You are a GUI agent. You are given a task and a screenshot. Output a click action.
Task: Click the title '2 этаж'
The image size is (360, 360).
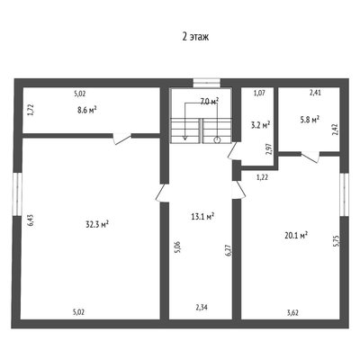[x=195, y=37]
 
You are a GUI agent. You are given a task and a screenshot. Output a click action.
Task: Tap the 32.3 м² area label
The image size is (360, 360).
[x=97, y=224]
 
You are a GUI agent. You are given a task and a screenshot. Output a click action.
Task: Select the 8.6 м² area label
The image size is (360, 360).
[x=86, y=110]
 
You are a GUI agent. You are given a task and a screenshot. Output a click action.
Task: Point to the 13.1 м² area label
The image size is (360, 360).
[x=202, y=216]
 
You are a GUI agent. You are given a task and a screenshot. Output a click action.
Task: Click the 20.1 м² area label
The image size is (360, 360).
[x=296, y=236]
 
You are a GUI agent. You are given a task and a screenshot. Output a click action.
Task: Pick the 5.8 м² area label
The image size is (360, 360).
[x=310, y=120]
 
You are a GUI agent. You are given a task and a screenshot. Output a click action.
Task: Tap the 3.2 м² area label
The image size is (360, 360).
[x=260, y=124]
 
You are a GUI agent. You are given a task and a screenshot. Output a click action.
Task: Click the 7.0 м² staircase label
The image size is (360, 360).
[x=209, y=102]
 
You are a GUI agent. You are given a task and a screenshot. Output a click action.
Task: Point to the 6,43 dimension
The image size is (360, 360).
[x=32, y=220]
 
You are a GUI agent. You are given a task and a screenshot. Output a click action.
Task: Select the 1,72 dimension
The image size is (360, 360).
[x=30, y=111]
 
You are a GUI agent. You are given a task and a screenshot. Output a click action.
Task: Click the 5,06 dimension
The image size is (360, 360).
[x=178, y=247]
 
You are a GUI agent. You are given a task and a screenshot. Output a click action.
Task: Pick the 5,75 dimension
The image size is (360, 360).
[x=336, y=240]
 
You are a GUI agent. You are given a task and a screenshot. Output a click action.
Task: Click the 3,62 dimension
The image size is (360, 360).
[x=292, y=313]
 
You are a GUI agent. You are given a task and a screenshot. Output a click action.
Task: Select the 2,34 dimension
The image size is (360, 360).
[x=202, y=307]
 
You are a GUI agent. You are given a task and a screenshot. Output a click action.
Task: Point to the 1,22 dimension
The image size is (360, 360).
[x=262, y=177]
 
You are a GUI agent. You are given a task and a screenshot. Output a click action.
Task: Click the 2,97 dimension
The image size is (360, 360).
[x=269, y=149]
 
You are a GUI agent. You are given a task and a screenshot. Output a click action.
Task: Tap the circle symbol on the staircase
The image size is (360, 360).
[x=217, y=139]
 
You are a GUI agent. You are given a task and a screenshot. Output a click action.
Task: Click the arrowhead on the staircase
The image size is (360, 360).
[x=185, y=138]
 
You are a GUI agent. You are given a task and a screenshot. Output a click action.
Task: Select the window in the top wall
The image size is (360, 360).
[x=207, y=83]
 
